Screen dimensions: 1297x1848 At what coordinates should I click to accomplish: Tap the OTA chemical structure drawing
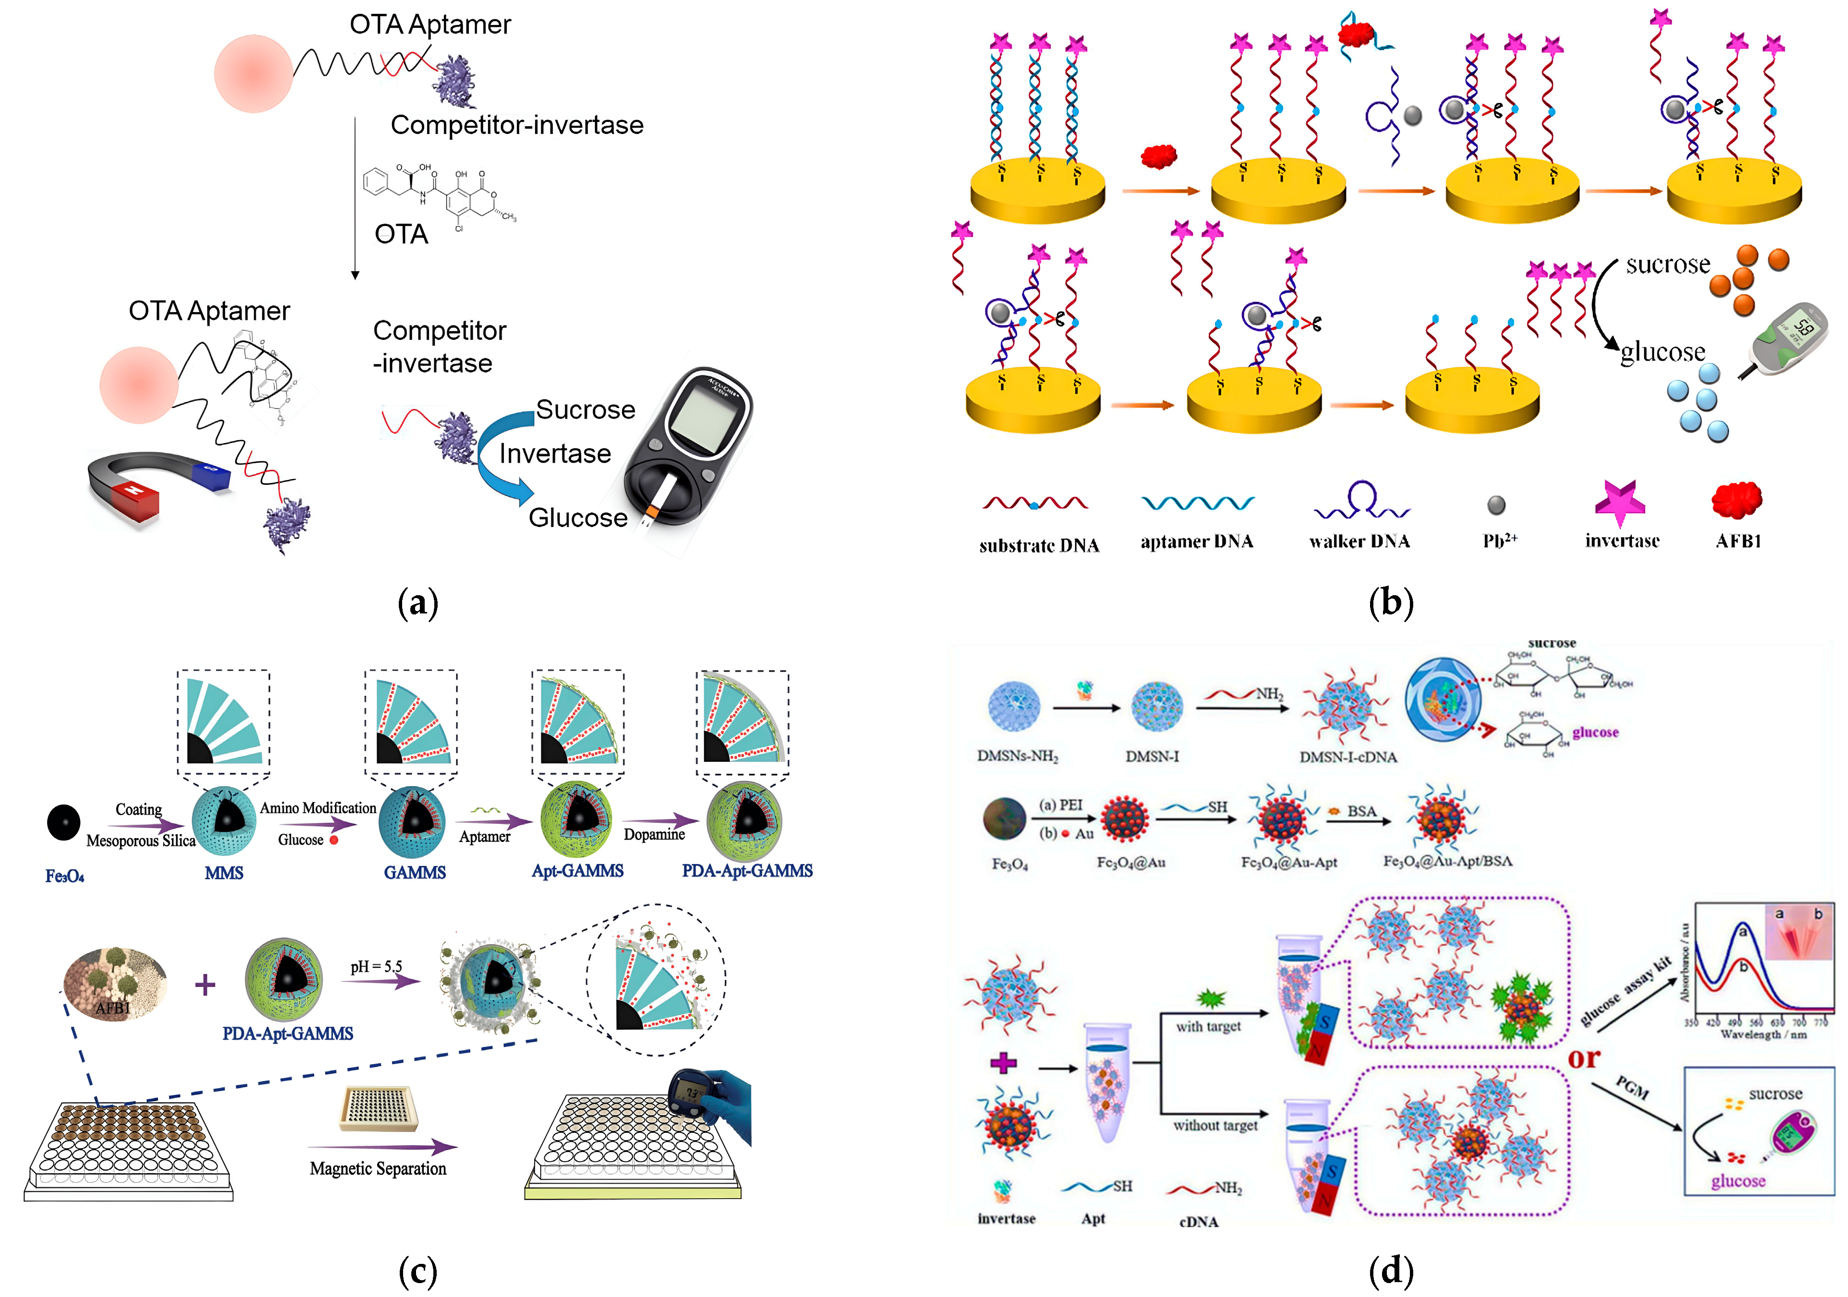[x=439, y=193]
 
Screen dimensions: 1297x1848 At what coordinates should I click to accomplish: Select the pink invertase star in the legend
[x=1620, y=503]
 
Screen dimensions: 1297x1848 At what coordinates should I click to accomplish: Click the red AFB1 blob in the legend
[x=1737, y=501]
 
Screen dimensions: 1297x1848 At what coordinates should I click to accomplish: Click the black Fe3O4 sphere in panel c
[x=64, y=822]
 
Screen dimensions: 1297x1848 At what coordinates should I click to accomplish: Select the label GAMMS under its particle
[x=415, y=872]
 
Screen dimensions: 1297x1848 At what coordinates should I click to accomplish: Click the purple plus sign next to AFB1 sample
[x=205, y=984]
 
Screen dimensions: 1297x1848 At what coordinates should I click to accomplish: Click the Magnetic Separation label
[x=378, y=1168]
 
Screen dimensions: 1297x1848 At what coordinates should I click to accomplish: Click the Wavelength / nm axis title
[x=1763, y=1034]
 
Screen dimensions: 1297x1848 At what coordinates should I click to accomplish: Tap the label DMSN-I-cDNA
[x=1348, y=757]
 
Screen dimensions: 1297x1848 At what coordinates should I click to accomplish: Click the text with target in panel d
[x=1208, y=1026]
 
